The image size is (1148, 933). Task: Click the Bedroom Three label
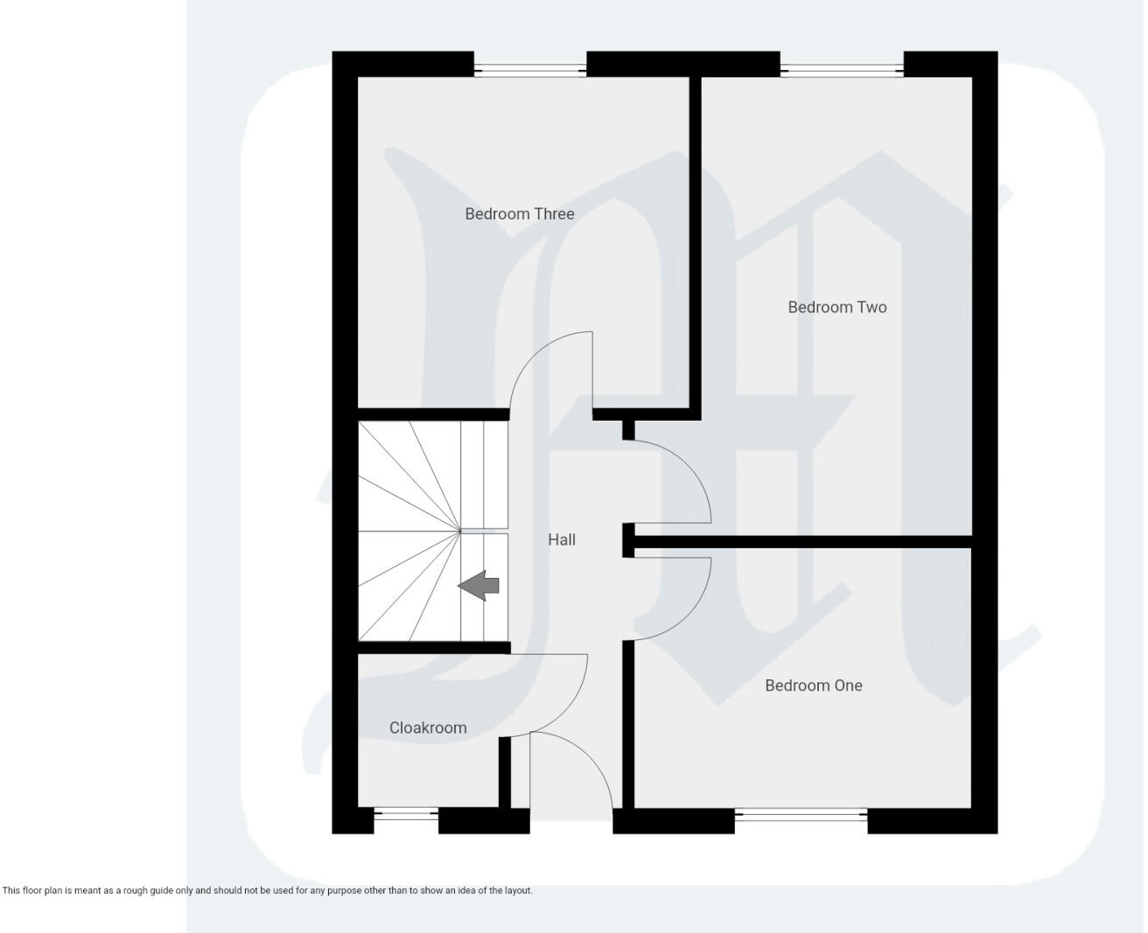click(x=519, y=214)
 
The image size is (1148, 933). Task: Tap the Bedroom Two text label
click(x=836, y=307)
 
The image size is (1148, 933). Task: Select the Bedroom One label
click(x=813, y=686)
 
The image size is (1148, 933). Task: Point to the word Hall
click(x=561, y=540)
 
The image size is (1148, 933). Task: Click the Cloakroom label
click(x=427, y=728)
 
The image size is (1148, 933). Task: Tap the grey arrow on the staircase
click(x=479, y=585)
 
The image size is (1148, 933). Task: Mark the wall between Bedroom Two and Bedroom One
click(x=801, y=542)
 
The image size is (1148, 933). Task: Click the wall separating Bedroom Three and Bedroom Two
click(x=696, y=245)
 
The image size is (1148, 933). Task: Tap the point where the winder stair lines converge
click(x=460, y=530)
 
